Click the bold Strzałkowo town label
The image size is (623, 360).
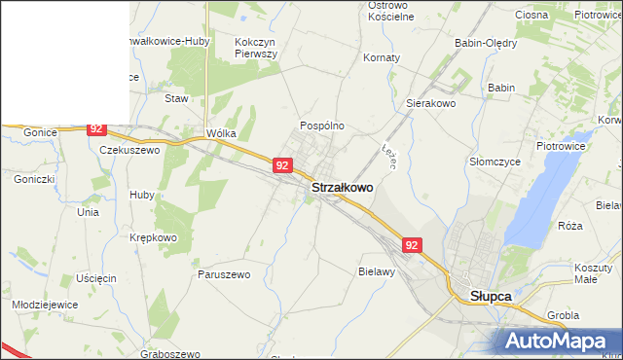coord(342,187)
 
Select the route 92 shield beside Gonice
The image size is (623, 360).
coord(95,128)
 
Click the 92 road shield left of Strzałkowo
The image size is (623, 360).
coord(281,165)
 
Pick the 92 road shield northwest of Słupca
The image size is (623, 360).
coord(413,246)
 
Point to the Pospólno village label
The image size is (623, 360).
coord(322,126)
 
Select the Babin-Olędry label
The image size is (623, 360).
coord(486,43)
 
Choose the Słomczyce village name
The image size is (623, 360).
coord(492,161)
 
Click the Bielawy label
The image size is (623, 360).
coord(376,272)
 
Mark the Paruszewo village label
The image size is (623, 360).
coord(224,274)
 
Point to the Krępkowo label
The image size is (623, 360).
coord(153,237)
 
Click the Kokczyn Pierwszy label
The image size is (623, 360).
coord(256,49)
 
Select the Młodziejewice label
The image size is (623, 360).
coord(45,305)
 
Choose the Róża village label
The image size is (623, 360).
coord(570,226)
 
